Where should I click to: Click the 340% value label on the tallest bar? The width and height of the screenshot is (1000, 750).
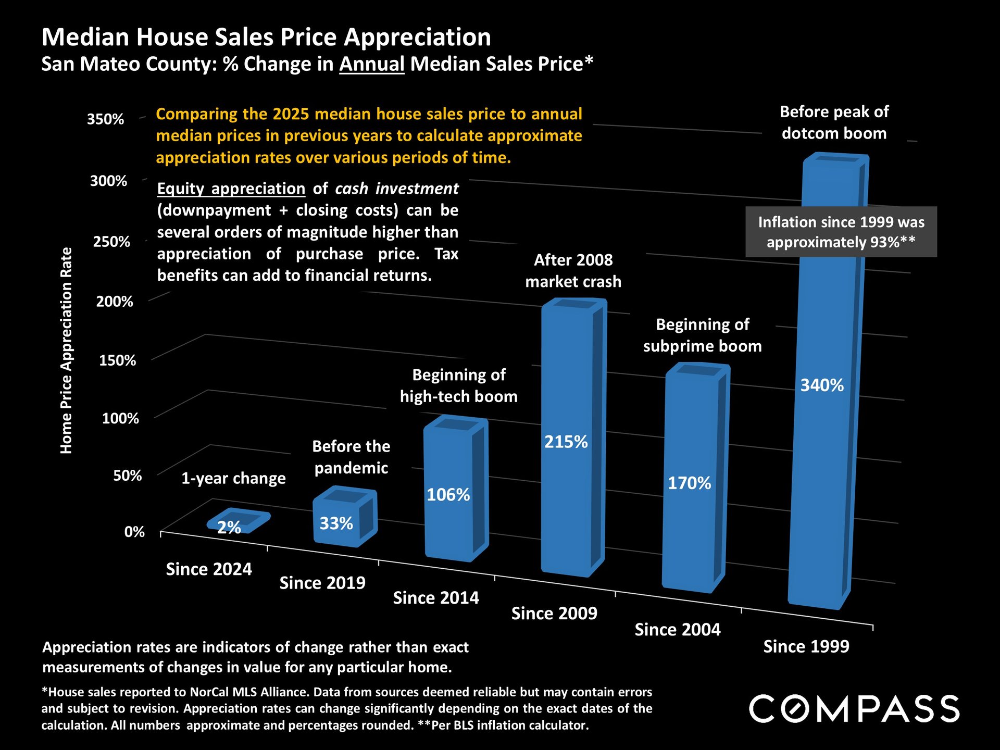pos(822,385)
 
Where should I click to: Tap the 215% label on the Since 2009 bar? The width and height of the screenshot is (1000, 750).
pos(566,442)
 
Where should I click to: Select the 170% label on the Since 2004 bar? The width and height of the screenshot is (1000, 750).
pos(689,483)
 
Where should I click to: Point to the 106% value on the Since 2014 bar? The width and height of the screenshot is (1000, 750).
pos(448,494)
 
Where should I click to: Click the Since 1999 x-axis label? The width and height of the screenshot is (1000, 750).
pos(806,646)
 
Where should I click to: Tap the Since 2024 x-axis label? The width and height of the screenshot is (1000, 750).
pos(209,569)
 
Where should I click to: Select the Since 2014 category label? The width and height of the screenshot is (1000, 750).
pos(436,598)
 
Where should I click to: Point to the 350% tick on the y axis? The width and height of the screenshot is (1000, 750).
pos(106,119)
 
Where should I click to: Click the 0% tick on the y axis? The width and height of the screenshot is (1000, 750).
pos(134,532)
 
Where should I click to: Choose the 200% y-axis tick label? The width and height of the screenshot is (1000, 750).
pos(115,302)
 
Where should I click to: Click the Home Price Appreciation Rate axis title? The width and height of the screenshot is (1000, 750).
pos(66,350)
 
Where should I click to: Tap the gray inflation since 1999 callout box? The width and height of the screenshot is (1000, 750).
pos(841,232)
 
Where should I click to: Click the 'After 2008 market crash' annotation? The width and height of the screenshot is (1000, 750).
pos(573,271)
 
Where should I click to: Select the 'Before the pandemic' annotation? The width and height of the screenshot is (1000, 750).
pos(351,457)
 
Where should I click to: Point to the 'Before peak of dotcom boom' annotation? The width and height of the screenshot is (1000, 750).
pos(834,122)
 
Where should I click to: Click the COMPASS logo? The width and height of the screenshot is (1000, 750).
pos(854,708)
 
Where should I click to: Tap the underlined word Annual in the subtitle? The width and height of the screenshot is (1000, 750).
pos(372,64)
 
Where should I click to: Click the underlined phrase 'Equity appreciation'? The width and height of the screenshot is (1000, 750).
pos(231,189)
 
